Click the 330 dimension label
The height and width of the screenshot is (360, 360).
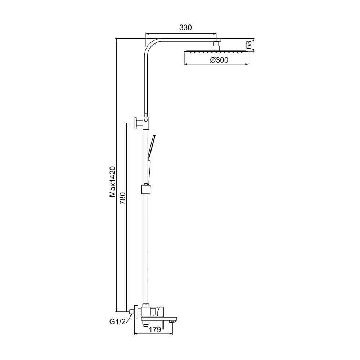coord(185,28)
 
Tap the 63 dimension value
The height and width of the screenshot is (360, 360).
coord(249,45)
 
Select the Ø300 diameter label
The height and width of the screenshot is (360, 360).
coord(219,60)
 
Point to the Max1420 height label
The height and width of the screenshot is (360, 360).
coord(112,181)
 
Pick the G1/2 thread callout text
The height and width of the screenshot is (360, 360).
coord(118,322)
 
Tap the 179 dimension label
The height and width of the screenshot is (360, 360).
coord(155,330)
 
